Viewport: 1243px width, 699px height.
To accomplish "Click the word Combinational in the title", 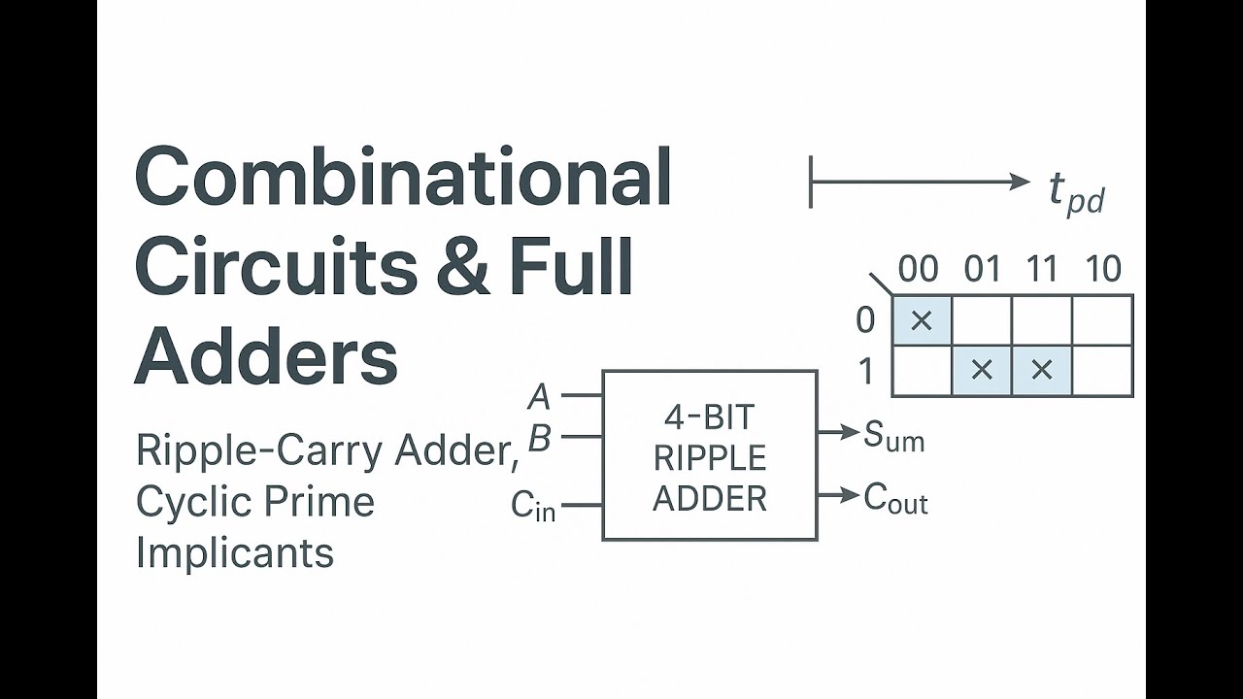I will click(x=403, y=177).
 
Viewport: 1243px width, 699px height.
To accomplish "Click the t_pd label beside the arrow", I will click(x=1076, y=191).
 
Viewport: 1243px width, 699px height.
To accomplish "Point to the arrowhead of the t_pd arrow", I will click(x=1021, y=182).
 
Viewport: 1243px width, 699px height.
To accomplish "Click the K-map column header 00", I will click(x=919, y=269).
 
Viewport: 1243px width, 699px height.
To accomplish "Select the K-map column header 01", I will click(x=982, y=269).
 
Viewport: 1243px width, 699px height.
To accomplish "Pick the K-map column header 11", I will click(x=1042, y=269).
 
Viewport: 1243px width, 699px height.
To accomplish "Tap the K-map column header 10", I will click(x=1103, y=269).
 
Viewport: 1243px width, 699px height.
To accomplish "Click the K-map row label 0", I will click(x=865, y=320).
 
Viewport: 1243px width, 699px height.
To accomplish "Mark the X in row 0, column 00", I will click(x=922, y=320).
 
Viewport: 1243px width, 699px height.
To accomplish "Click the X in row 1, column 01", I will click(x=982, y=370).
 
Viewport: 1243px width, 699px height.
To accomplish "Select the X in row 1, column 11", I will click(x=1042, y=370).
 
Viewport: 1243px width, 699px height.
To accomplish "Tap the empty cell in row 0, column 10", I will click(x=1102, y=320).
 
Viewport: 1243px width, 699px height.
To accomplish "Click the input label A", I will click(x=539, y=397).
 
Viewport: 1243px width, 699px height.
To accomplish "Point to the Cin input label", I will click(x=533, y=505).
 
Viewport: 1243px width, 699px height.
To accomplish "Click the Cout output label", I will click(x=895, y=498).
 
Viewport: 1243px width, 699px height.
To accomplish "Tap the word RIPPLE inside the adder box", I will click(x=710, y=457).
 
